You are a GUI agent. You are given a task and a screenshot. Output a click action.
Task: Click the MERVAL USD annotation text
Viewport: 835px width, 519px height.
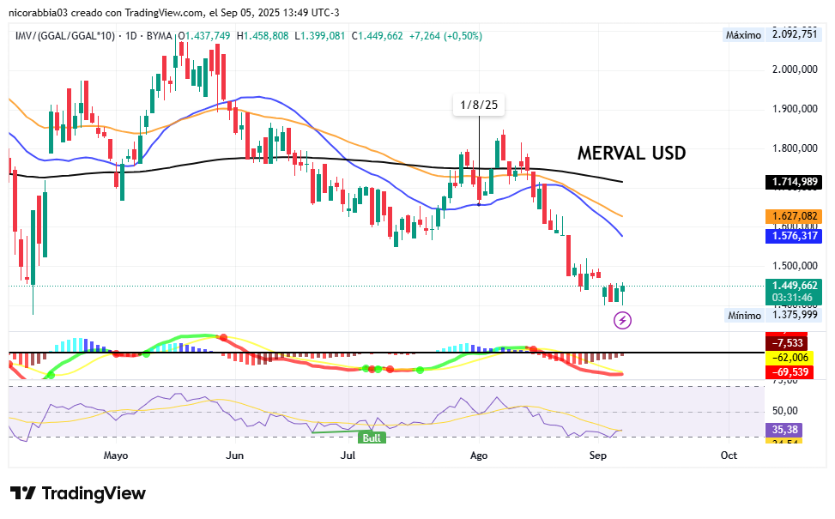pos(632,154)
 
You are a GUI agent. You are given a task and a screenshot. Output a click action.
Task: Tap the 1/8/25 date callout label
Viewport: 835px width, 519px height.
pos(479,105)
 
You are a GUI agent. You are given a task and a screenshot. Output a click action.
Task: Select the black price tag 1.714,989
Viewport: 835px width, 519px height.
pos(794,182)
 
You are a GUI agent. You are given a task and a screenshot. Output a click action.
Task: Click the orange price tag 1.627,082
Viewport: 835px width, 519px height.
pos(794,217)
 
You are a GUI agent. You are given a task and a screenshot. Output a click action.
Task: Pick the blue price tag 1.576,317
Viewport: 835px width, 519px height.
pos(794,235)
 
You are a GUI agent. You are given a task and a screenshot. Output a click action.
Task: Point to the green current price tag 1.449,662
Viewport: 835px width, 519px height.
pos(794,286)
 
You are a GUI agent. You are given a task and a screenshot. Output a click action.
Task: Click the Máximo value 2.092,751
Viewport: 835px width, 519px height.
pos(794,35)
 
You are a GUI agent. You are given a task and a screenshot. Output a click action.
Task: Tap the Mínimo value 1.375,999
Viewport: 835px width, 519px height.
pos(794,315)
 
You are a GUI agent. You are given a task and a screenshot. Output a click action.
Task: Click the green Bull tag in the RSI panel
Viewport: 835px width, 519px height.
pos(372,438)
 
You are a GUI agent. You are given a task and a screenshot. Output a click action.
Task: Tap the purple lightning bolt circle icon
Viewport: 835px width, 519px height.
pos(623,320)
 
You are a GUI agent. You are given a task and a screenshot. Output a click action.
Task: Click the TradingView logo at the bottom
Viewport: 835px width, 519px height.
pos(78,493)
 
